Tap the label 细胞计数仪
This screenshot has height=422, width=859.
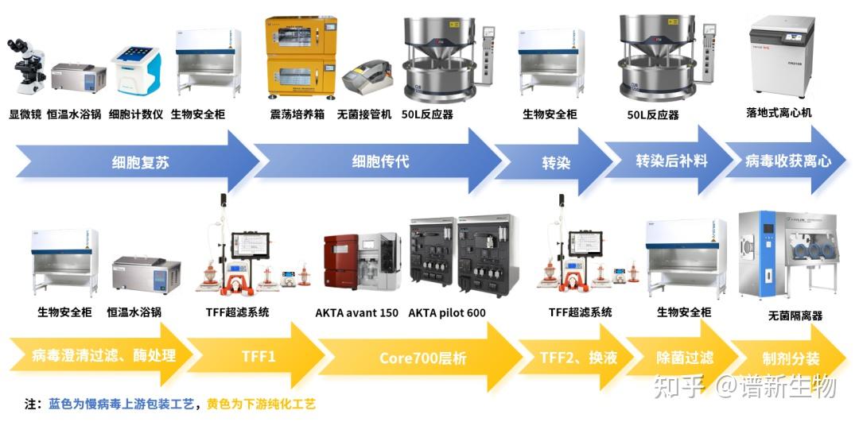click(x=135, y=114)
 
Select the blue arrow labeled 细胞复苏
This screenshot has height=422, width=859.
click(x=140, y=163)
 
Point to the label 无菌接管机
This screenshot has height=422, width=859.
click(x=364, y=114)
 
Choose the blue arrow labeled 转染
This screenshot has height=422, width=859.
click(x=556, y=163)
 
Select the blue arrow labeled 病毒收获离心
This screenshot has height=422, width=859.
click(x=787, y=162)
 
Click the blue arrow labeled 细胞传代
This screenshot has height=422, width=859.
click(x=380, y=163)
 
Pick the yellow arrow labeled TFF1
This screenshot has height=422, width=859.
click(x=258, y=357)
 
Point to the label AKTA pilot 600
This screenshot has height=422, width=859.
click(x=447, y=312)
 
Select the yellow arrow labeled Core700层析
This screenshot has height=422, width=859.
click(x=422, y=358)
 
